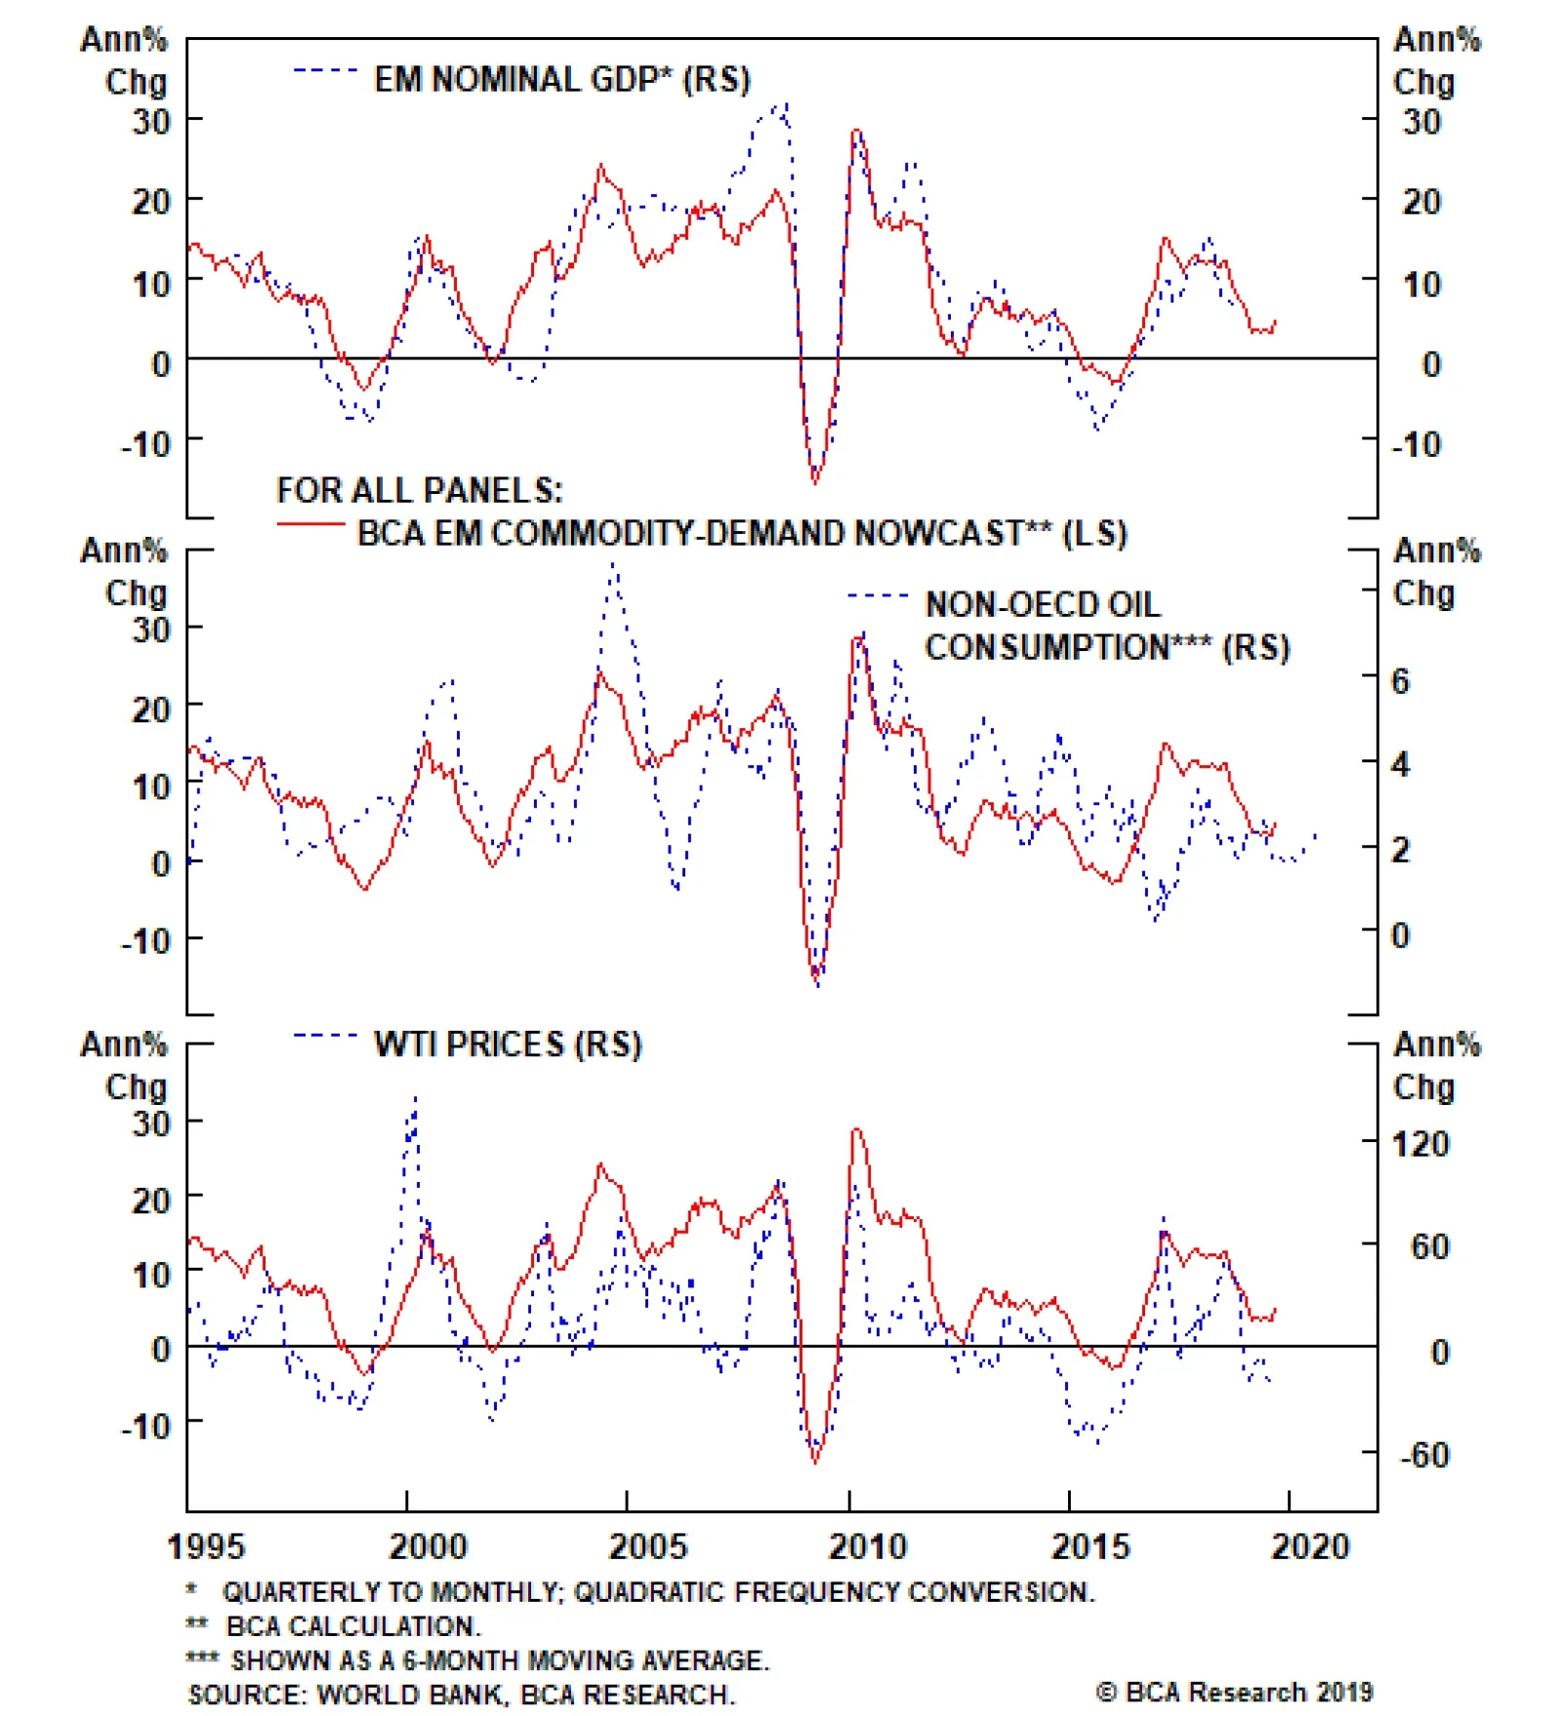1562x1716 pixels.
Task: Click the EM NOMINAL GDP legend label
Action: (x=561, y=80)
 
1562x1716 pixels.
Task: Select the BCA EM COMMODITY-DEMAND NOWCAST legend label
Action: (x=742, y=534)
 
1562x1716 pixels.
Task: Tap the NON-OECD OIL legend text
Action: (x=1043, y=605)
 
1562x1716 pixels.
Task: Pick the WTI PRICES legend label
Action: (x=508, y=1044)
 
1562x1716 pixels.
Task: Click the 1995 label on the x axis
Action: (x=205, y=1547)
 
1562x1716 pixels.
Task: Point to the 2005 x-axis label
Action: (x=647, y=1547)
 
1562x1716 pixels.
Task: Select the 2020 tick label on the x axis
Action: (x=1309, y=1547)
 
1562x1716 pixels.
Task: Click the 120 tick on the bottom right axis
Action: (x=1419, y=1144)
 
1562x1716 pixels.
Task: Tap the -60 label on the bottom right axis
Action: (x=1424, y=1455)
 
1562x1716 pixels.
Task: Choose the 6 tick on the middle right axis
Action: (x=1400, y=681)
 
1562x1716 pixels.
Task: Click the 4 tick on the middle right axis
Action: (x=1400, y=764)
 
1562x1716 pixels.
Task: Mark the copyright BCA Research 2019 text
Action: (x=1234, y=1693)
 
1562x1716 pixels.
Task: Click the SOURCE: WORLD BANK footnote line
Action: (x=461, y=1695)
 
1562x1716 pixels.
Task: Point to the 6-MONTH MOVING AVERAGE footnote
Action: (x=499, y=1660)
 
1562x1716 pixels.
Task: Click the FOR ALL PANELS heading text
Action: (x=420, y=490)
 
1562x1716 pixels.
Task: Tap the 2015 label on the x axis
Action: (x=1089, y=1547)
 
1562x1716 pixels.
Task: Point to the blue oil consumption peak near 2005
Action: (x=613, y=563)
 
